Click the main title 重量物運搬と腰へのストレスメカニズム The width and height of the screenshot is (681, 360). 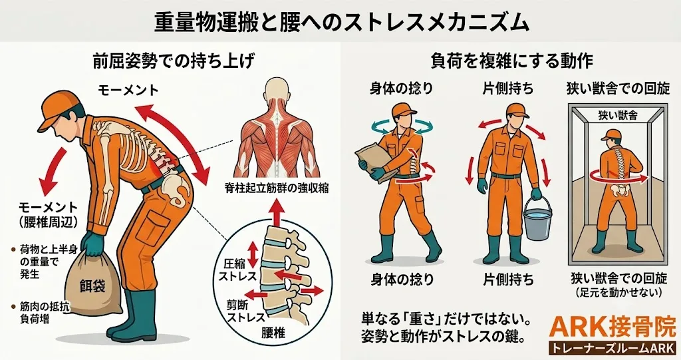pyautogui.click(x=342, y=21)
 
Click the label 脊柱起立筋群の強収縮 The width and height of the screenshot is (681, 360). pyautogui.click(x=277, y=188)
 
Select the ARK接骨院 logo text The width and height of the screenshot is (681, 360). pyautogui.click(x=613, y=329)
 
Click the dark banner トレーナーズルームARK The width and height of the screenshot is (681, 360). pyautogui.click(x=613, y=348)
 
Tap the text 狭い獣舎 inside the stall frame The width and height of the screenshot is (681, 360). pyautogui.click(x=618, y=115)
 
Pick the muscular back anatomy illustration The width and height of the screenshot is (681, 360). pyautogui.click(x=277, y=128)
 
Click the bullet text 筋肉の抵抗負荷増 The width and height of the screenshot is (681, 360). pyautogui.click(x=39, y=313)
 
